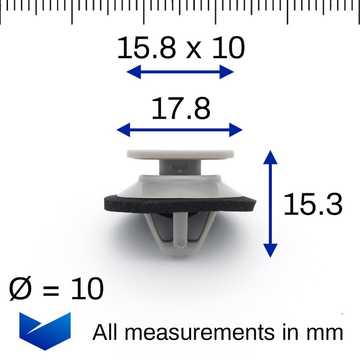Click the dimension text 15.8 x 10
tap(180, 49)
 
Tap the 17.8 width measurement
tap(181, 109)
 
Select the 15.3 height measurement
tap(313, 205)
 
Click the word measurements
tap(199, 333)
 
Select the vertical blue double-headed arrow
tap(270, 203)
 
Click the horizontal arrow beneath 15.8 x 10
tap(180, 72)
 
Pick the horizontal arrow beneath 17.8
tap(179, 130)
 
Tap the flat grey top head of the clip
tap(181, 154)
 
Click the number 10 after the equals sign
tap(87, 289)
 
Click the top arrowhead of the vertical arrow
tap(270, 157)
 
